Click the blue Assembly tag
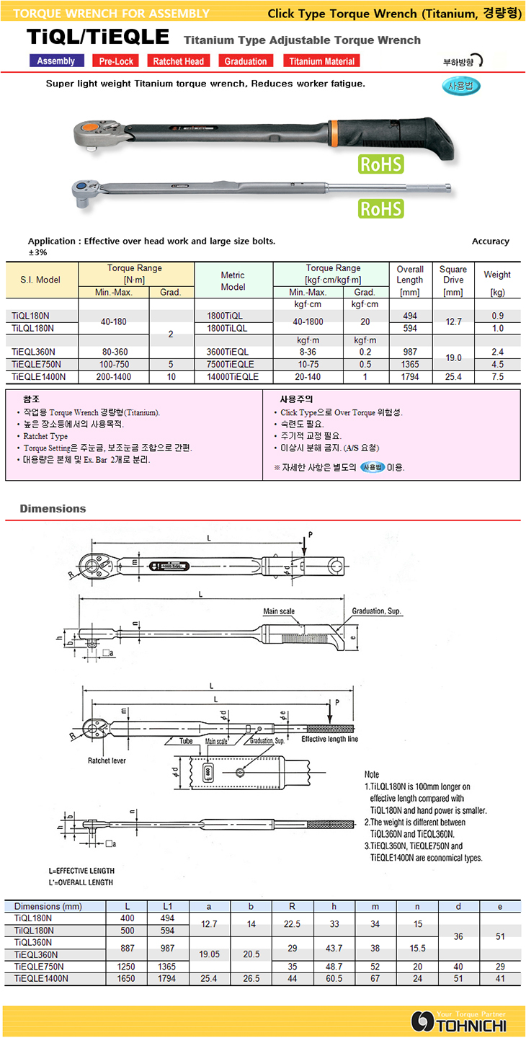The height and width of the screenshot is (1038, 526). coord(56,61)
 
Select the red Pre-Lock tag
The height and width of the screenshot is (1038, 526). coord(116,61)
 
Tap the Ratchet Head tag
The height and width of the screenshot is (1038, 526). coord(178,61)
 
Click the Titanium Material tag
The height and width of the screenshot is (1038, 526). coord(321,61)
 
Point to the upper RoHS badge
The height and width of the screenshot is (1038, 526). coord(381,164)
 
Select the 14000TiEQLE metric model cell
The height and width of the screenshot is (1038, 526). coord(233,376)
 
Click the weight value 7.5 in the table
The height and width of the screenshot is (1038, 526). coord(496,376)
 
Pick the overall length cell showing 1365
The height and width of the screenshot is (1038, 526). coord(409,364)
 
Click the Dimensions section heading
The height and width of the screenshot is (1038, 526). coord(53,509)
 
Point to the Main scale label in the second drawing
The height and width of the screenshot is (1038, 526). coord(279,612)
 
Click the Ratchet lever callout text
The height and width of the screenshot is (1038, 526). coord(107,760)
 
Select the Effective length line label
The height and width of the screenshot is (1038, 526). coord(329,740)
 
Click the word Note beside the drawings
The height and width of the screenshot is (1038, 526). coord(372,774)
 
